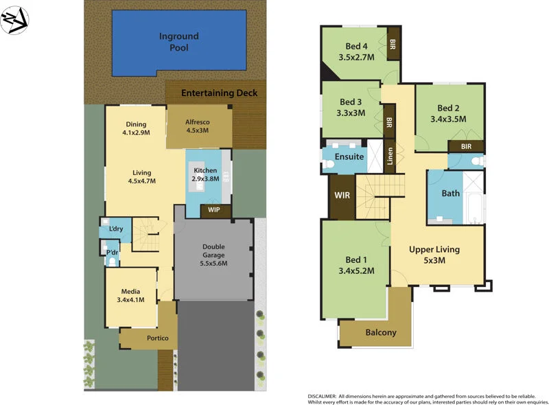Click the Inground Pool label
coord(178,42)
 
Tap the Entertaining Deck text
coord(219,93)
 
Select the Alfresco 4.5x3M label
coord(197,126)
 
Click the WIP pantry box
coord(215,210)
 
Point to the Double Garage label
coord(213,255)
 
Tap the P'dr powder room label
coord(111,253)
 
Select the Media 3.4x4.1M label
coord(130,295)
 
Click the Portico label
coord(157,338)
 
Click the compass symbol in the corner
coord(14,19)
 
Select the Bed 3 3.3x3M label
coord(350,107)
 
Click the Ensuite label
coord(349,157)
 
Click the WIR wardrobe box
coord(342,196)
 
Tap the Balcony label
coord(380,332)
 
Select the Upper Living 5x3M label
coord(434,255)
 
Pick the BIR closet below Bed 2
coord(466,146)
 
